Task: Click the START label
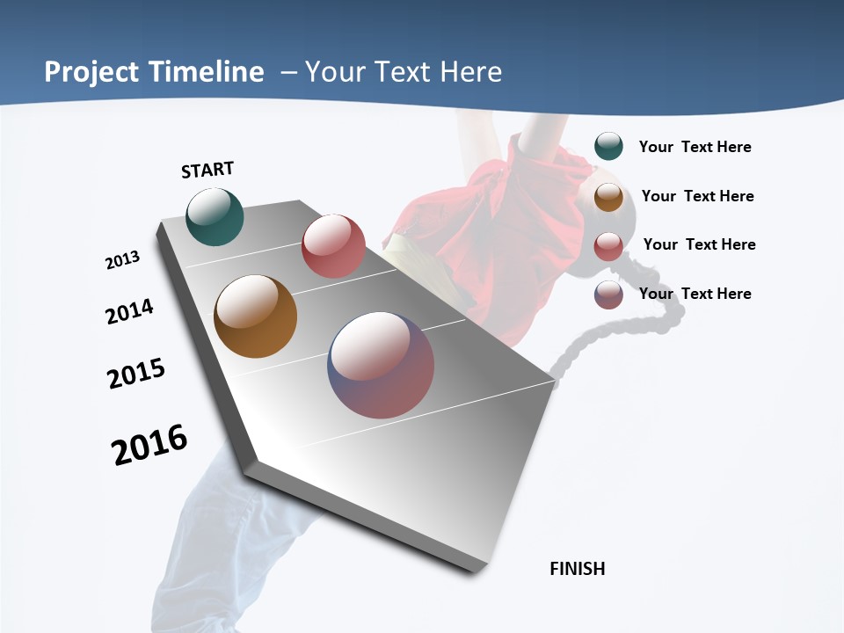point(207,170)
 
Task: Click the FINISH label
point(578,569)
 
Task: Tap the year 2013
point(122,260)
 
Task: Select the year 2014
point(129,311)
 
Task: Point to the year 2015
point(136,374)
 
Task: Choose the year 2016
point(149,445)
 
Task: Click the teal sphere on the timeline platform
point(215,217)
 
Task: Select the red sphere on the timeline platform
point(333,246)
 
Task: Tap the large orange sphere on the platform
point(255,316)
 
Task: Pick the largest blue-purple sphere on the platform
point(381,365)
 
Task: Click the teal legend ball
point(608,146)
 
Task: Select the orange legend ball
point(608,197)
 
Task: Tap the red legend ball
point(608,246)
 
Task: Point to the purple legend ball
point(608,295)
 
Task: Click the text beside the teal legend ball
point(695,147)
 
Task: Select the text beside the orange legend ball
point(697,196)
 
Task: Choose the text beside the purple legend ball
point(695,294)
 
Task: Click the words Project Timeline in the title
point(154,72)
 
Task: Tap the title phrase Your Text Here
point(404,72)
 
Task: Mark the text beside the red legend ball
point(699,244)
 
